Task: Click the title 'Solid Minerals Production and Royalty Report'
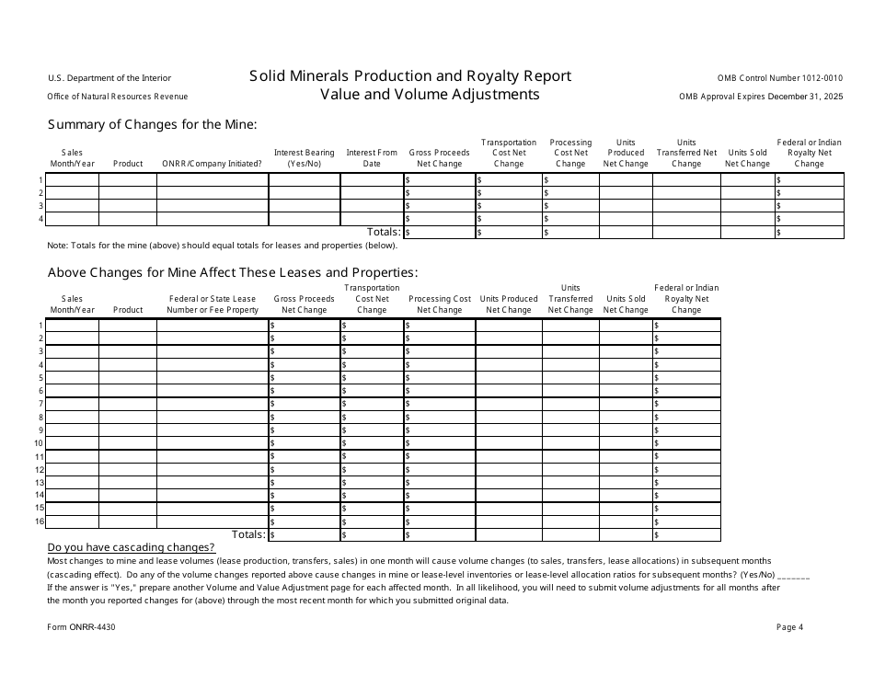410,76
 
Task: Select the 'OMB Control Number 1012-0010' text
779,78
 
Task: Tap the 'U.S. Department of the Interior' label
109,78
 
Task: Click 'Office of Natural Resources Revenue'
117,97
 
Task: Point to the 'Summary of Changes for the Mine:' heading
152,124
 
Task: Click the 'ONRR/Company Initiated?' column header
212,164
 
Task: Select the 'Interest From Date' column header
372,158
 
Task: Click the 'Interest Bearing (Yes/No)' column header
304,158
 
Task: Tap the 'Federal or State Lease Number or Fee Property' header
212,304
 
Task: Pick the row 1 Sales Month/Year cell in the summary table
72,180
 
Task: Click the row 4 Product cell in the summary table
128,219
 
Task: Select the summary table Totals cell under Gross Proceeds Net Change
438,233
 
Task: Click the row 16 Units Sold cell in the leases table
626,521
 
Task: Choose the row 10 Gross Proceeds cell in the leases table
304,443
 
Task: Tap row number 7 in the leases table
40,404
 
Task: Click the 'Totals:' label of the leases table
248,534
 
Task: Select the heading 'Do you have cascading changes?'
131,547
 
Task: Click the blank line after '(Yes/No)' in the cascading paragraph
794,574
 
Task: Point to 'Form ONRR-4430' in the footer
81,627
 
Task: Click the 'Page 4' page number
789,627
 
